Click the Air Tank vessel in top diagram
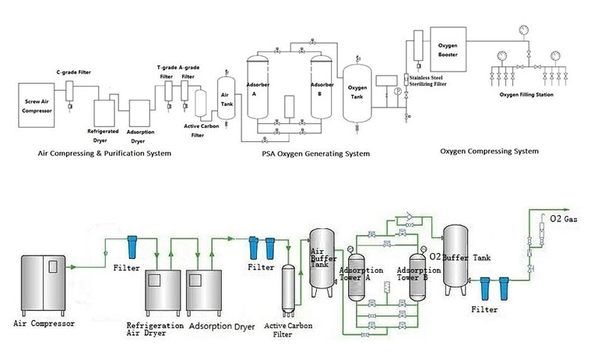click(x=227, y=97)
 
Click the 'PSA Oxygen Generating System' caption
click(x=315, y=154)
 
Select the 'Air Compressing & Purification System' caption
click(x=105, y=154)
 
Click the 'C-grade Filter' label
click(x=73, y=72)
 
